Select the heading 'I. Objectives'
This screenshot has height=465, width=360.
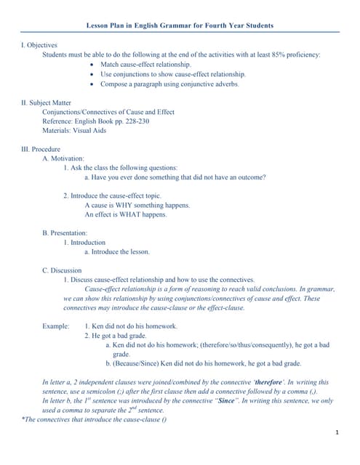coord(40,45)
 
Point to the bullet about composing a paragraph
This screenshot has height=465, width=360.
coord(169,84)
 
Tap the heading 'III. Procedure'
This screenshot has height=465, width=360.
coord(42,149)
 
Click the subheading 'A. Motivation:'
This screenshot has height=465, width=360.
coord(63,158)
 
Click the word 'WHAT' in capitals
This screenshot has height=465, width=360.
coord(137,214)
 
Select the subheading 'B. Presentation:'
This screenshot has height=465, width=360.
coord(65,233)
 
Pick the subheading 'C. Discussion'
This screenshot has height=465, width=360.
coord(62,271)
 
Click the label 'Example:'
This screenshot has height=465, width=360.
coord(56,327)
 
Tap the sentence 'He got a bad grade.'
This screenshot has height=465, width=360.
coord(119,336)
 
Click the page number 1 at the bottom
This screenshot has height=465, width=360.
coord(338,433)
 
